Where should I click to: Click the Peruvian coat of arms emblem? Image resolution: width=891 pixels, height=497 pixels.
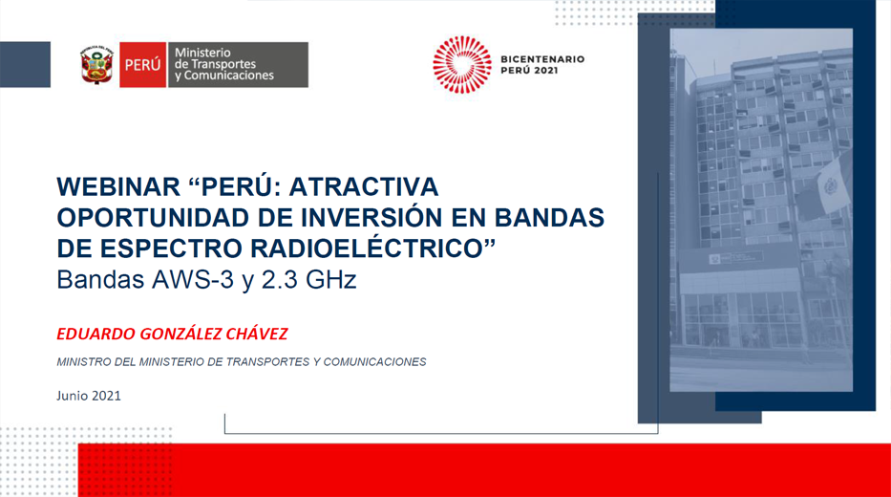pyautogui.click(x=96, y=65)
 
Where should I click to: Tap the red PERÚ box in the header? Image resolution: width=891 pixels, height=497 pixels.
pyautogui.click(x=142, y=64)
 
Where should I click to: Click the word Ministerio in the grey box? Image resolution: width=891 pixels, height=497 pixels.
pyautogui.click(x=202, y=53)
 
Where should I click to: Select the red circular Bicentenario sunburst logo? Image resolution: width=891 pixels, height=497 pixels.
pyautogui.click(x=462, y=64)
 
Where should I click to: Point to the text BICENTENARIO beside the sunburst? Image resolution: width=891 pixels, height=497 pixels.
pyautogui.click(x=542, y=59)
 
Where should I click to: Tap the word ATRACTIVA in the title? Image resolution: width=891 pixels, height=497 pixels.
pyautogui.click(x=364, y=186)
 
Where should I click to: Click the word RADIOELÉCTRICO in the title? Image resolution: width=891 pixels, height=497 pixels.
pyautogui.click(x=372, y=248)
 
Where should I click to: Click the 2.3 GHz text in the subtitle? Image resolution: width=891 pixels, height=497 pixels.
pyautogui.click(x=308, y=279)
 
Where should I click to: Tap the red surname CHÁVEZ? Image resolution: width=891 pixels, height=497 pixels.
pyautogui.click(x=257, y=334)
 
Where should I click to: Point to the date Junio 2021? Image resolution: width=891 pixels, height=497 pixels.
pyautogui.click(x=89, y=396)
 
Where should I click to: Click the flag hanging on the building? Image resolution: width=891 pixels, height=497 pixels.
pyautogui.click(x=823, y=187)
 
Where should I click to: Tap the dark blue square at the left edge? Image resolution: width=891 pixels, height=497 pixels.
pyautogui.click(x=25, y=64)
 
